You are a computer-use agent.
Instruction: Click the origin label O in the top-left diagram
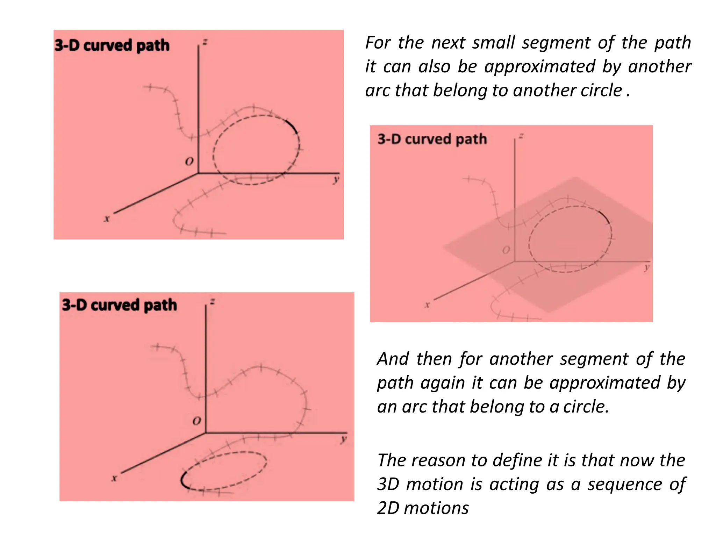189,162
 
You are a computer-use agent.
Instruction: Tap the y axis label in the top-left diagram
336,180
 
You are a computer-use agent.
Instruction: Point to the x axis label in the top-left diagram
107,219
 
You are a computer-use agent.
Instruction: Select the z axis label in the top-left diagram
205,42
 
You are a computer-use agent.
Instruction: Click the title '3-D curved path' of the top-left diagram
112,45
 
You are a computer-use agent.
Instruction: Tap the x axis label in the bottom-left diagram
114,478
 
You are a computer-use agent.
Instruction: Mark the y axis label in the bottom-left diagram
344,439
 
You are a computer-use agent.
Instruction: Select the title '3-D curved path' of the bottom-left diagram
120,305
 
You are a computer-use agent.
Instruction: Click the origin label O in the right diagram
506,250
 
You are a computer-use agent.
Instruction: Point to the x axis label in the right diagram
427,305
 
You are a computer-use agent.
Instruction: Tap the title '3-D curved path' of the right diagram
432,139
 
